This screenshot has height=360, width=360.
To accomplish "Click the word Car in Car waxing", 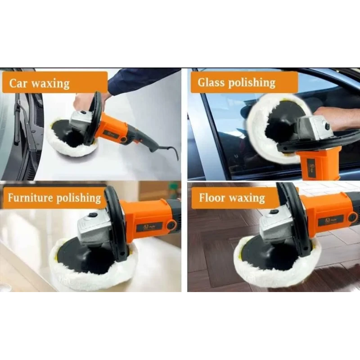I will point(20,83).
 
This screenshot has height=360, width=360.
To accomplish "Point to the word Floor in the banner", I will point(212,198).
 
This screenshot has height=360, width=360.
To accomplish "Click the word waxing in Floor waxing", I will point(247,198).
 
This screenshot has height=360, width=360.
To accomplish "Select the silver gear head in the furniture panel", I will point(92,227).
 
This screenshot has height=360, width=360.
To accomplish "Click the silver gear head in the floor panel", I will point(274,225).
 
